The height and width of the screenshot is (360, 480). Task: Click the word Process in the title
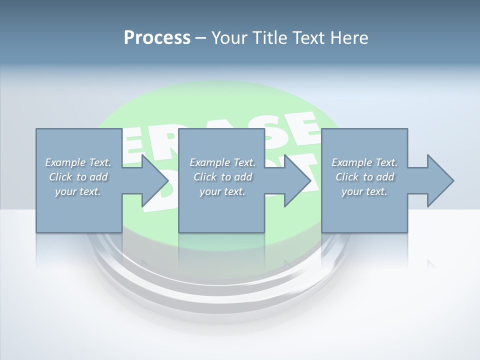(x=157, y=38)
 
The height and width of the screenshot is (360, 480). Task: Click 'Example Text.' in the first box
(x=78, y=162)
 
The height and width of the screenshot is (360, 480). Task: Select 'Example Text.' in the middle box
(x=222, y=162)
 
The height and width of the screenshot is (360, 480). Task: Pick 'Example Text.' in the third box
(x=364, y=162)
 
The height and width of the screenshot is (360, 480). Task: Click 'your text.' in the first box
(x=78, y=191)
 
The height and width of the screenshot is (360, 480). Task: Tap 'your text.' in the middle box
(x=222, y=191)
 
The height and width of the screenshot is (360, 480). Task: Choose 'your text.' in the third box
(x=364, y=191)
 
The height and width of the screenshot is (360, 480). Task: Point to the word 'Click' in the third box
(x=347, y=177)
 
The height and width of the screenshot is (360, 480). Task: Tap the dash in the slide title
(x=200, y=38)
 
